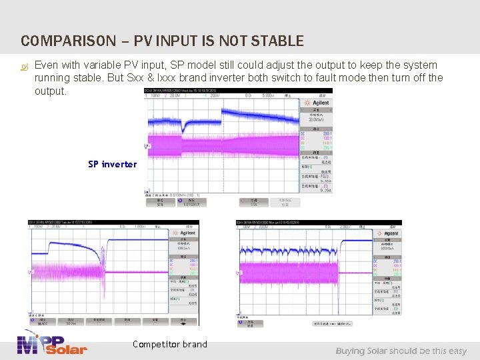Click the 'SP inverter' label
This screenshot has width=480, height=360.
tap(112, 164)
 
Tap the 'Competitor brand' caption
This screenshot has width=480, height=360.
tap(169, 345)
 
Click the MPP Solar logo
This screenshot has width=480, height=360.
tap(52, 343)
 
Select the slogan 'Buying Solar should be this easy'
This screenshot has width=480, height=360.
tap(401, 351)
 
